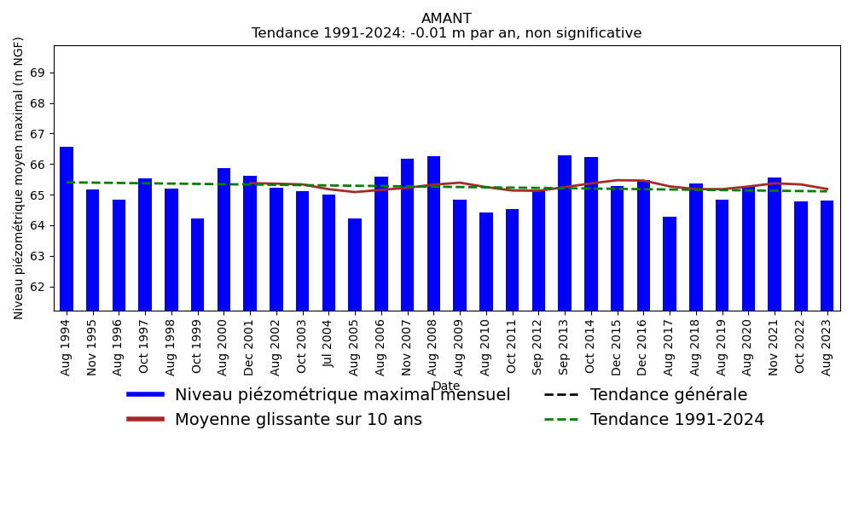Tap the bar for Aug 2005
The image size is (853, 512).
tap(355, 265)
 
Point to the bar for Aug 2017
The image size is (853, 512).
tap(670, 264)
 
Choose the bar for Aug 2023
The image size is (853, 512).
tap(827, 255)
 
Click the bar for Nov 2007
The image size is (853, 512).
tap(407, 235)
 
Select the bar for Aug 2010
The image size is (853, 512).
tap(486, 261)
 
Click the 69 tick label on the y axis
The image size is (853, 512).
tap(36, 73)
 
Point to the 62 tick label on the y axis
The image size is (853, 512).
tap(36, 287)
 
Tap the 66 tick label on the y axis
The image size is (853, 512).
tap(36, 165)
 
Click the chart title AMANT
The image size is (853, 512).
tap(446, 19)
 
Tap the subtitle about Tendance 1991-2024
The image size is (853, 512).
tap(446, 34)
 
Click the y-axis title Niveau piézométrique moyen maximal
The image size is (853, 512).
tap(19, 177)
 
